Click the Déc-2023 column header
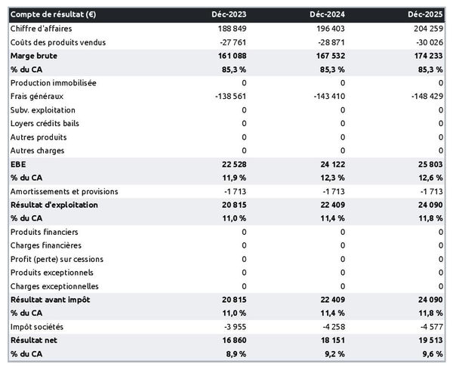(230, 14)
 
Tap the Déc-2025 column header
(426, 14)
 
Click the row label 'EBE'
(18, 164)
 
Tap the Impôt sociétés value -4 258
(330, 327)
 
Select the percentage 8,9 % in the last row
(235, 354)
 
